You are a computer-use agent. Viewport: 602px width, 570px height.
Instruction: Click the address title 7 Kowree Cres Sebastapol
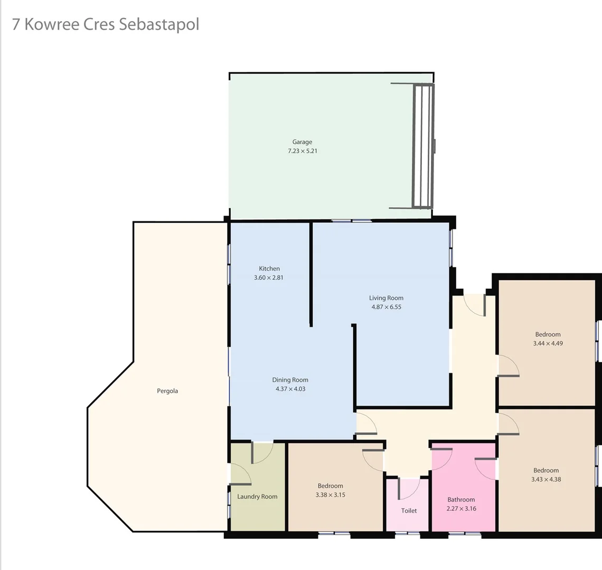pyautogui.click(x=106, y=24)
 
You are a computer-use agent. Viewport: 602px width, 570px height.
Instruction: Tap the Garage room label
pyautogui.click(x=302, y=141)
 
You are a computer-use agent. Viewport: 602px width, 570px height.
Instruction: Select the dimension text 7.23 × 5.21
pyautogui.click(x=302, y=151)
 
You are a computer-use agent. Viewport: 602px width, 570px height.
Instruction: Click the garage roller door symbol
pyautogui.click(x=423, y=146)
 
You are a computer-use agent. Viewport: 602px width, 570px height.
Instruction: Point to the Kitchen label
pyautogui.click(x=269, y=269)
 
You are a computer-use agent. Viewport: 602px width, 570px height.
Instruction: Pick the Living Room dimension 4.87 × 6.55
pyautogui.click(x=386, y=307)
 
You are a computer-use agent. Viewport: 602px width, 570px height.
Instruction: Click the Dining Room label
pyautogui.click(x=290, y=380)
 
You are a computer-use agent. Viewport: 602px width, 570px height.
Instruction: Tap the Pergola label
pyautogui.click(x=167, y=391)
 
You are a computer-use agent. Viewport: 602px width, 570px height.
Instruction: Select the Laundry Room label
pyautogui.click(x=257, y=497)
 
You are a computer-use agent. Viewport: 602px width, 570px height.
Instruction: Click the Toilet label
pyautogui.click(x=409, y=510)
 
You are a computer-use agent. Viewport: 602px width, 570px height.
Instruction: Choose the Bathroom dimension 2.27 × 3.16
pyautogui.click(x=461, y=509)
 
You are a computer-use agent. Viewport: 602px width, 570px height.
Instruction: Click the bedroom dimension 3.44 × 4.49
pyautogui.click(x=548, y=343)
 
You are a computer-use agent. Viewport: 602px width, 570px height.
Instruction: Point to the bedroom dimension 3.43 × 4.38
pyautogui.click(x=546, y=479)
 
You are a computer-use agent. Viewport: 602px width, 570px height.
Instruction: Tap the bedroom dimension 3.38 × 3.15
pyautogui.click(x=330, y=495)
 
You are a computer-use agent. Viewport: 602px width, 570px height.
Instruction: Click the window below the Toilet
pyautogui.click(x=408, y=534)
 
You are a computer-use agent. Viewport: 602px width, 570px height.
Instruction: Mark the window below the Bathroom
pyautogui.click(x=465, y=535)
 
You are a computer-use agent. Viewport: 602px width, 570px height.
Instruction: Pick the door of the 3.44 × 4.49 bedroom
pyautogui.click(x=509, y=366)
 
